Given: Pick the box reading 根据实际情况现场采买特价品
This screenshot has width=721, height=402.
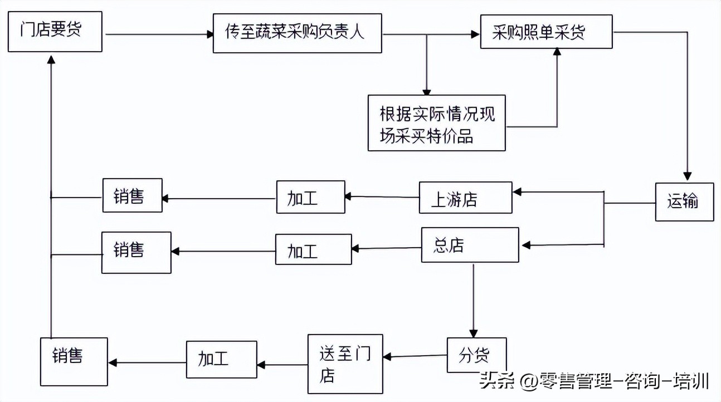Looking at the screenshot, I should pyautogui.click(x=436, y=123).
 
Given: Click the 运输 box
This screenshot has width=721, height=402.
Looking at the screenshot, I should pyautogui.click(x=684, y=202).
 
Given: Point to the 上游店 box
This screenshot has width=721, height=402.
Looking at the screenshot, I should pyautogui.click(x=465, y=198).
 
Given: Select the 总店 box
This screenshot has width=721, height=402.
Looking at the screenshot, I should pyautogui.click(x=470, y=246).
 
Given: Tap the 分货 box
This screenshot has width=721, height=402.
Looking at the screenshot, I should pyautogui.click(x=476, y=355).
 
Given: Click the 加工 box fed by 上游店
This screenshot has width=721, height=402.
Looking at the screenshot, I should pyautogui.click(x=310, y=197).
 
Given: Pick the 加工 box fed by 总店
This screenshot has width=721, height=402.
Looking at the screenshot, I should pyautogui.click(x=313, y=249).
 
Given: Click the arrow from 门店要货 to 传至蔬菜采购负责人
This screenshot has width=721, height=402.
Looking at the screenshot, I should pyautogui.click(x=159, y=35).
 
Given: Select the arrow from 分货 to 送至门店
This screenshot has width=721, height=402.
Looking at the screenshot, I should pyautogui.click(x=416, y=356).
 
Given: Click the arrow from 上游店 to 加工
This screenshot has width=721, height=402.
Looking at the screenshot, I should pyautogui.click(x=382, y=197).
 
